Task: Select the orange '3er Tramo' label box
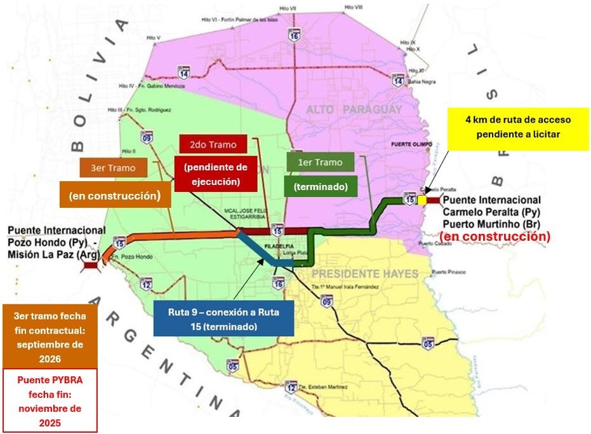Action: click(x=114, y=168)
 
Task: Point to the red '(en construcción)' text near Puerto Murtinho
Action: click(x=495, y=236)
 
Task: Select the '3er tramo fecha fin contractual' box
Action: click(x=50, y=337)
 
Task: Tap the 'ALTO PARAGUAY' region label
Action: click(x=354, y=109)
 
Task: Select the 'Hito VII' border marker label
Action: click(x=288, y=8)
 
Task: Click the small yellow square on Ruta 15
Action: click(x=422, y=200)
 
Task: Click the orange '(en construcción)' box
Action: click(x=116, y=196)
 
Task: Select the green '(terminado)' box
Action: click(x=321, y=187)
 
